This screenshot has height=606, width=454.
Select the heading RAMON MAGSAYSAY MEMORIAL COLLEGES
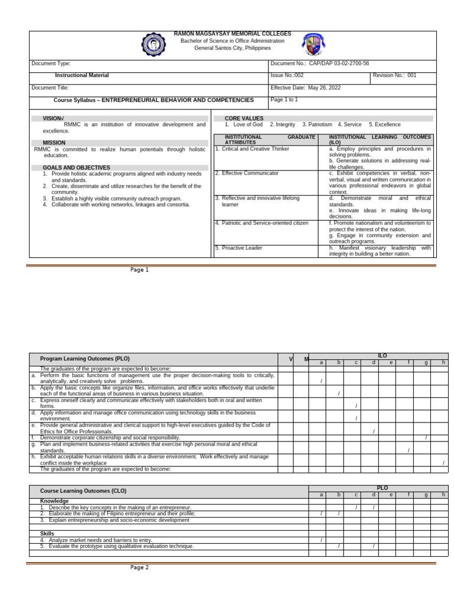pyautogui.click(x=232, y=34)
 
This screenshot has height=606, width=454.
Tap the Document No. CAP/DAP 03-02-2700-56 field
pyautogui.click(x=319, y=63)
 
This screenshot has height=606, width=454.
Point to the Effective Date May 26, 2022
pyautogui.click(x=306, y=88)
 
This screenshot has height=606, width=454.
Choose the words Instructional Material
pyautogui.click(x=82, y=76)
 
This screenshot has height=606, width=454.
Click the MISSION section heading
pyautogui.click(x=54, y=143)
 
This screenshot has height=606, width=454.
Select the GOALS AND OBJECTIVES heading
pyautogui.click(x=76, y=167)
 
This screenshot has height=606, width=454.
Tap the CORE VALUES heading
pyautogui.click(x=244, y=118)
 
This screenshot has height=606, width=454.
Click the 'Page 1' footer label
pyautogui.click(x=140, y=270)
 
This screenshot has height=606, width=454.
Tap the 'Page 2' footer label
pyautogui.click(x=140, y=568)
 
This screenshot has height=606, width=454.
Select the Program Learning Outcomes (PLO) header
pyautogui.click(x=85, y=359)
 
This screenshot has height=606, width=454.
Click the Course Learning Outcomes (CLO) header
pyautogui.click(x=83, y=491)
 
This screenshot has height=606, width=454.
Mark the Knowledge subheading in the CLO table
pyautogui.click(x=54, y=501)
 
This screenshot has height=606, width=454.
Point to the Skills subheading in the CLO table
pyautogui.click(x=47, y=534)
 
